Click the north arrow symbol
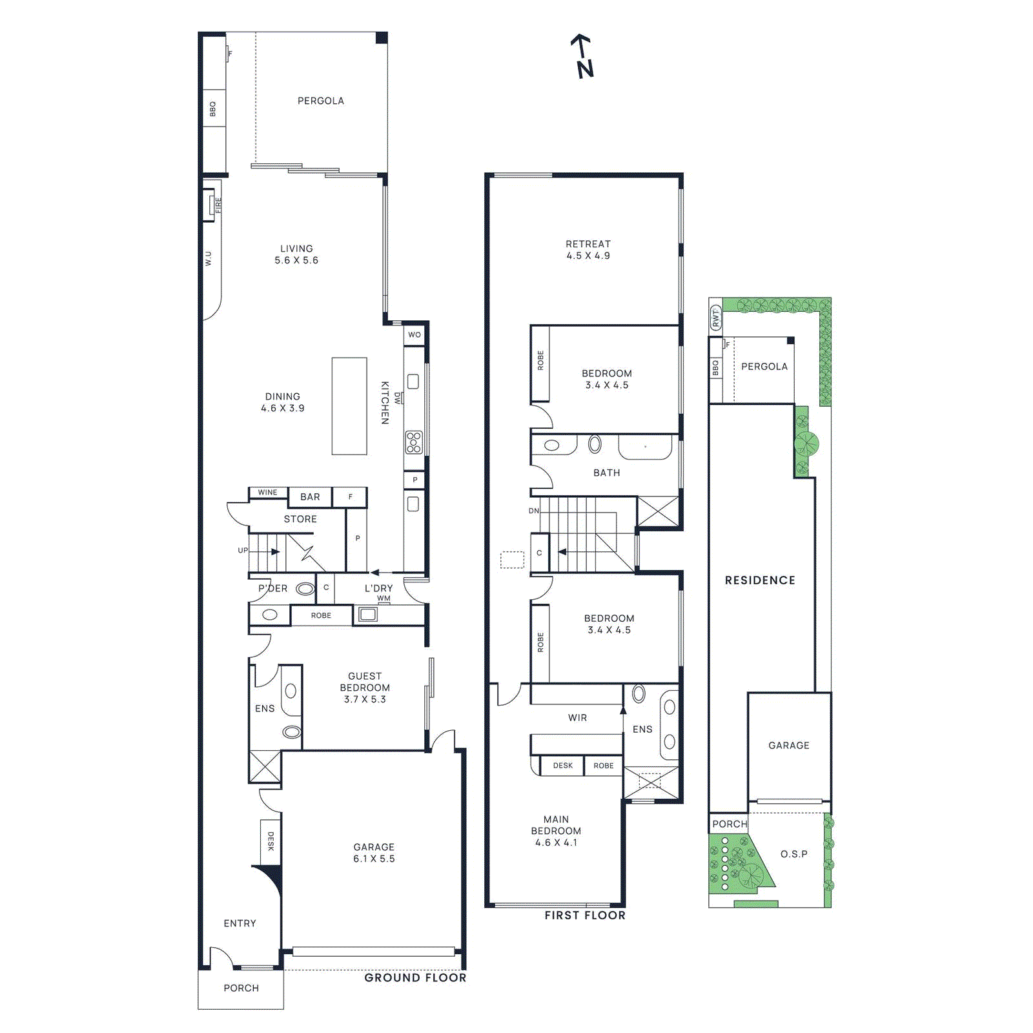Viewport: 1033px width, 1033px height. pyautogui.click(x=583, y=57)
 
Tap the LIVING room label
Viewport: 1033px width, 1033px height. pyautogui.click(x=296, y=254)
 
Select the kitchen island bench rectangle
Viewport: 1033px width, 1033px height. pyautogui.click(x=349, y=406)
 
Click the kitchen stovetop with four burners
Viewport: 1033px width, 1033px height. pyautogui.click(x=414, y=442)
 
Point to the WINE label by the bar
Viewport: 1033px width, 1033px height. pyautogui.click(x=267, y=493)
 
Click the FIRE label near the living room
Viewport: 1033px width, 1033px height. pyautogui.click(x=218, y=205)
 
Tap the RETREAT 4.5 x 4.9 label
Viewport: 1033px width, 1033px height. pyautogui.click(x=588, y=250)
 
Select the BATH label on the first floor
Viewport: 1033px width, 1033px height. pyautogui.click(x=607, y=473)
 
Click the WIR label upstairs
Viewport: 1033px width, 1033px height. pyautogui.click(x=577, y=717)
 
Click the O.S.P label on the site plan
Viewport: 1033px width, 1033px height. pyautogui.click(x=793, y=854)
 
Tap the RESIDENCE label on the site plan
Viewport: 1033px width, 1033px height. pyautogui.click(x=760, y=580)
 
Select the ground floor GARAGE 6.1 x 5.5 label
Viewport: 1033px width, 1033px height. pyautogui.click(x=374, y=852)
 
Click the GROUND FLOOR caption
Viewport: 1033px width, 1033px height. pyautogui.click(x=415, y=977)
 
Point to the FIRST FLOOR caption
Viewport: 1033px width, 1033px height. pyautogui.click(x=585, y=915)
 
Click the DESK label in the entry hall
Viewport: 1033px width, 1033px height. pyautogui.click(x=271, y=841)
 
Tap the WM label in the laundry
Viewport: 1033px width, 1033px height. pyautogui.click(x=384, y=598)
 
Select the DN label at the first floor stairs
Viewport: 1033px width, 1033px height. pyautogui.click(x=534, y=511)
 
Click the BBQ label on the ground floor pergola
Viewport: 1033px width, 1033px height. pyautogui.click(x=212, y=109)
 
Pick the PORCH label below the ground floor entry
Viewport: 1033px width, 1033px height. pyautogui.click(x=241, y=988)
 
